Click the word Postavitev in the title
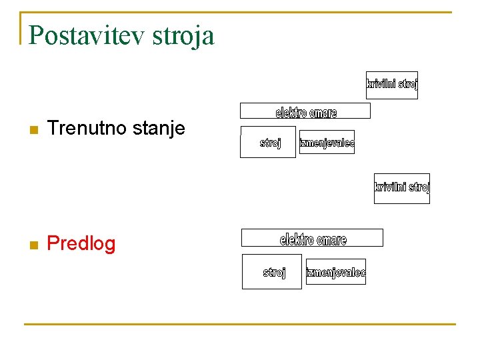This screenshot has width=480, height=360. click(x=87, y=35)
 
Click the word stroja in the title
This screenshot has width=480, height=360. click(x=183, y=35)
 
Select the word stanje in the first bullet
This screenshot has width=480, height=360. click(x=159, y=128)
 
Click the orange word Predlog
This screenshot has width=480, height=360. click(x=81, y=244)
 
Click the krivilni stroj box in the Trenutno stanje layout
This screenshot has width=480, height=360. click(x=392, y=85)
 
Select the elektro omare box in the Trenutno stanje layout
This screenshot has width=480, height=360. click(x=305, y=111)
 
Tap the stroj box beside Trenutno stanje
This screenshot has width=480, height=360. click(x=268, y=142)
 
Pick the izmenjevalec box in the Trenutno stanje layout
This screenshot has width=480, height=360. click(x=327, y=142)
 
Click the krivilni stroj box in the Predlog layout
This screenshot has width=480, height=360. click(x=402, y=188)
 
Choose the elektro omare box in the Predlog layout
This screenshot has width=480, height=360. click(x=312, y=238)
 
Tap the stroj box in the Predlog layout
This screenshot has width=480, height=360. click(x=272, y=271)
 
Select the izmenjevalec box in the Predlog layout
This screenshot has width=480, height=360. click(x=336, y=272)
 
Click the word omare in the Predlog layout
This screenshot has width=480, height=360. click(x=331, y=239)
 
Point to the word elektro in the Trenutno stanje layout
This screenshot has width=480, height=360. click(x=291, y=113)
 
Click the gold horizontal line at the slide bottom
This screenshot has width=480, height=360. click(x=240, y=324)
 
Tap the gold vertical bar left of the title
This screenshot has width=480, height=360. click(x=21, y=28)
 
